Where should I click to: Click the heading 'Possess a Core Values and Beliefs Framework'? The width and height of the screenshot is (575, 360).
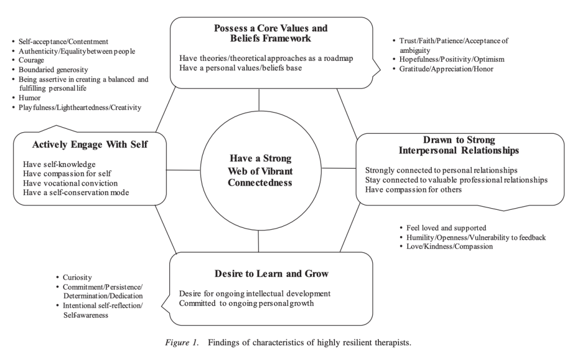pyautogui.click(x=270, y=33)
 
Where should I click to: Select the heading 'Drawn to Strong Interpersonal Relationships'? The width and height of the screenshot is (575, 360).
pyautogui.click(x=458, y=145)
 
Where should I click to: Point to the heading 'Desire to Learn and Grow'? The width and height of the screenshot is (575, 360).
pyautogui.click(x=271, y=274)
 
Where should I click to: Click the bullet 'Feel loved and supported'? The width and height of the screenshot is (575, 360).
pyautogui.click(x=446, y=228)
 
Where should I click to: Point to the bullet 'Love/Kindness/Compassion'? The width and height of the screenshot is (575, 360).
pyautogui.click(x=449, y=246)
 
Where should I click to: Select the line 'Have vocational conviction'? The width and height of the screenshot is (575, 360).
pyautogui.click(x=70, y=183)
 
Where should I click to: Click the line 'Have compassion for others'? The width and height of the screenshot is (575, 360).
pyautogui.click(x=414, y=190)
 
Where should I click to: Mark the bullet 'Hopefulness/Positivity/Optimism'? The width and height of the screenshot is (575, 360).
pyautogui.click(x=451, y=59)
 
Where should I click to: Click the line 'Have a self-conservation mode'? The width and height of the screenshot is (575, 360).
pyautogui.click(x=76, y=193)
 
